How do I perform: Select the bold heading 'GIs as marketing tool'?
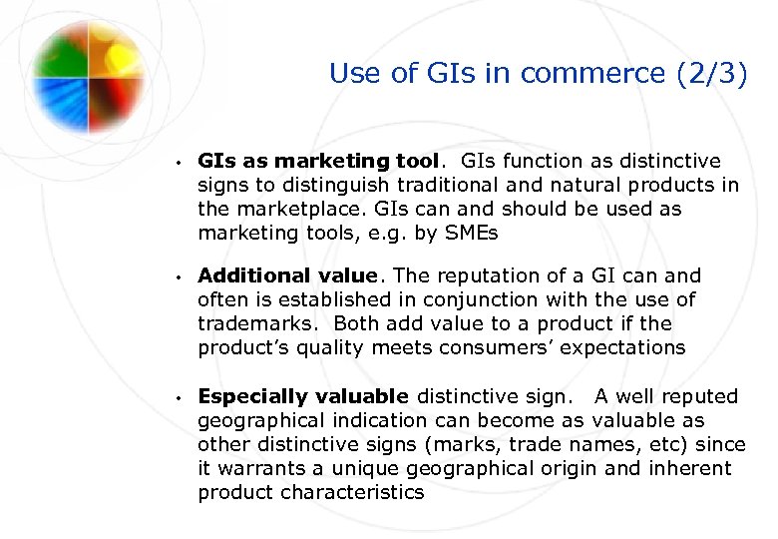(317, 161)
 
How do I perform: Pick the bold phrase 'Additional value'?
(287, 275)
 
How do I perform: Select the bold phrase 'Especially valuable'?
(303, 396)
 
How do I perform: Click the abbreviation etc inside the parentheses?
(645, 444)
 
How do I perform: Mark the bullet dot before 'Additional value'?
(175, 276)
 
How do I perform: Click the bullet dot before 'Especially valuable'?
(175, 397)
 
